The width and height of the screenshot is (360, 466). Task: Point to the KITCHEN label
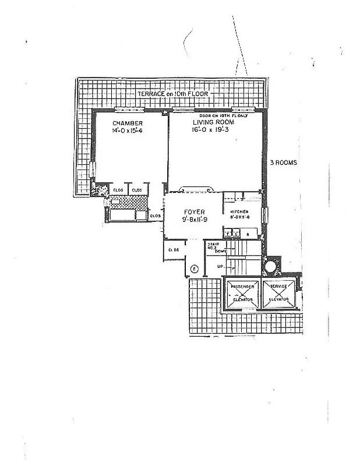pyautogui.click(x=239, y=211)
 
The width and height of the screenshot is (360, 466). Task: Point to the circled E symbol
pyautogui.click(x=195, y=269)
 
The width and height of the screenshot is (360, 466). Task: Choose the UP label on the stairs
pyautogui.click(x=220, y=266)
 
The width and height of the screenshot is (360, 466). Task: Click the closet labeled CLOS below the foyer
pyautogui.click(x=174, y=250)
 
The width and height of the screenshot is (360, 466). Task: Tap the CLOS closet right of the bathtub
pyautogui.click(x=156, y=216)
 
